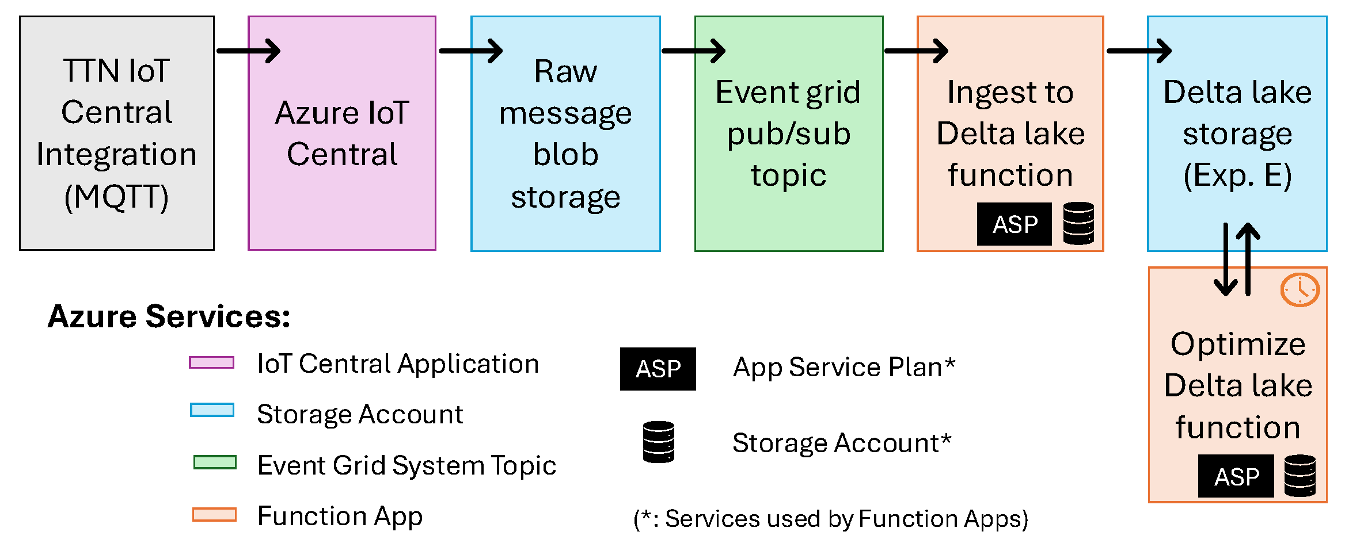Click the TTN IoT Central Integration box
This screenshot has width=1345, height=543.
coord(117,133)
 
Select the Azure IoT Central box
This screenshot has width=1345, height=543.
coord(342,133)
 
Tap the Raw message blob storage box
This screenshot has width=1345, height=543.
coord(565,133)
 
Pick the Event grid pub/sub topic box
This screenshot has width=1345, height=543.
coord(789,133)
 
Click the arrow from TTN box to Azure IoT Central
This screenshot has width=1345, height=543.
coord(249,51)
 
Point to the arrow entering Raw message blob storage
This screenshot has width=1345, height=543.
coord(471,51)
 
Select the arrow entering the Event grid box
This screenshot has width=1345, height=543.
coord(694,51)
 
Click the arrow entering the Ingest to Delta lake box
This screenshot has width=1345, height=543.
coord(916,51)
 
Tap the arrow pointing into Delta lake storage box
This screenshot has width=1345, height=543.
coord(1139,51)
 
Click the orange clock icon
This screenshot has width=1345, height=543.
coord(1300,290)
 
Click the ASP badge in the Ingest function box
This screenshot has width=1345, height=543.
coord(1015,224)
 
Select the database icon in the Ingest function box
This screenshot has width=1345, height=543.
coord(1078,223)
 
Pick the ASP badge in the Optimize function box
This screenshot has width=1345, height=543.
coord(1236,476)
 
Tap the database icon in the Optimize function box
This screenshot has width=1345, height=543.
coord(1300,476)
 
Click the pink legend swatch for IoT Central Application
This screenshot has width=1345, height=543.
coord(212,362)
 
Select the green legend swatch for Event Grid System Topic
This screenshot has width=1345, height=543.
coord(215,462)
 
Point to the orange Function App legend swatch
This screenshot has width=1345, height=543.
coord(214,514)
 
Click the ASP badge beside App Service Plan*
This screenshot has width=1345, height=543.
coord(658,369)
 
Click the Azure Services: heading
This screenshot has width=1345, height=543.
coord(169,316)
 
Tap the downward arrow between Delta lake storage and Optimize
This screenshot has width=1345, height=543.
coord(1226,259)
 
